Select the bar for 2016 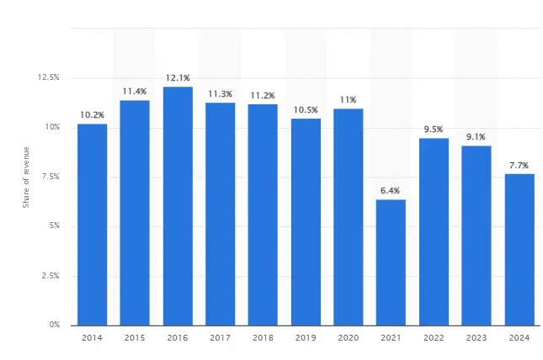[178, 206]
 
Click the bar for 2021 [391, 262]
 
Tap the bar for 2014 [92, 225]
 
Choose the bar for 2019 [306, 222]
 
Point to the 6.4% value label [391, 191]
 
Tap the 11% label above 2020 [349, 100]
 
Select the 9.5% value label [434, 130]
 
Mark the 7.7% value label [519, 166]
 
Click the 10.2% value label [92, 115]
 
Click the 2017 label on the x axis [221, 338]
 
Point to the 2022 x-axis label [434, 338]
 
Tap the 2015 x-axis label [135, 338]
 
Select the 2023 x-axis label [476, 338]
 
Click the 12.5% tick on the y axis [49, 77]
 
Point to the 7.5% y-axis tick [51, 177]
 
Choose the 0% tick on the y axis [54, 325]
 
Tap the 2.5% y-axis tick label [51, 275]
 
